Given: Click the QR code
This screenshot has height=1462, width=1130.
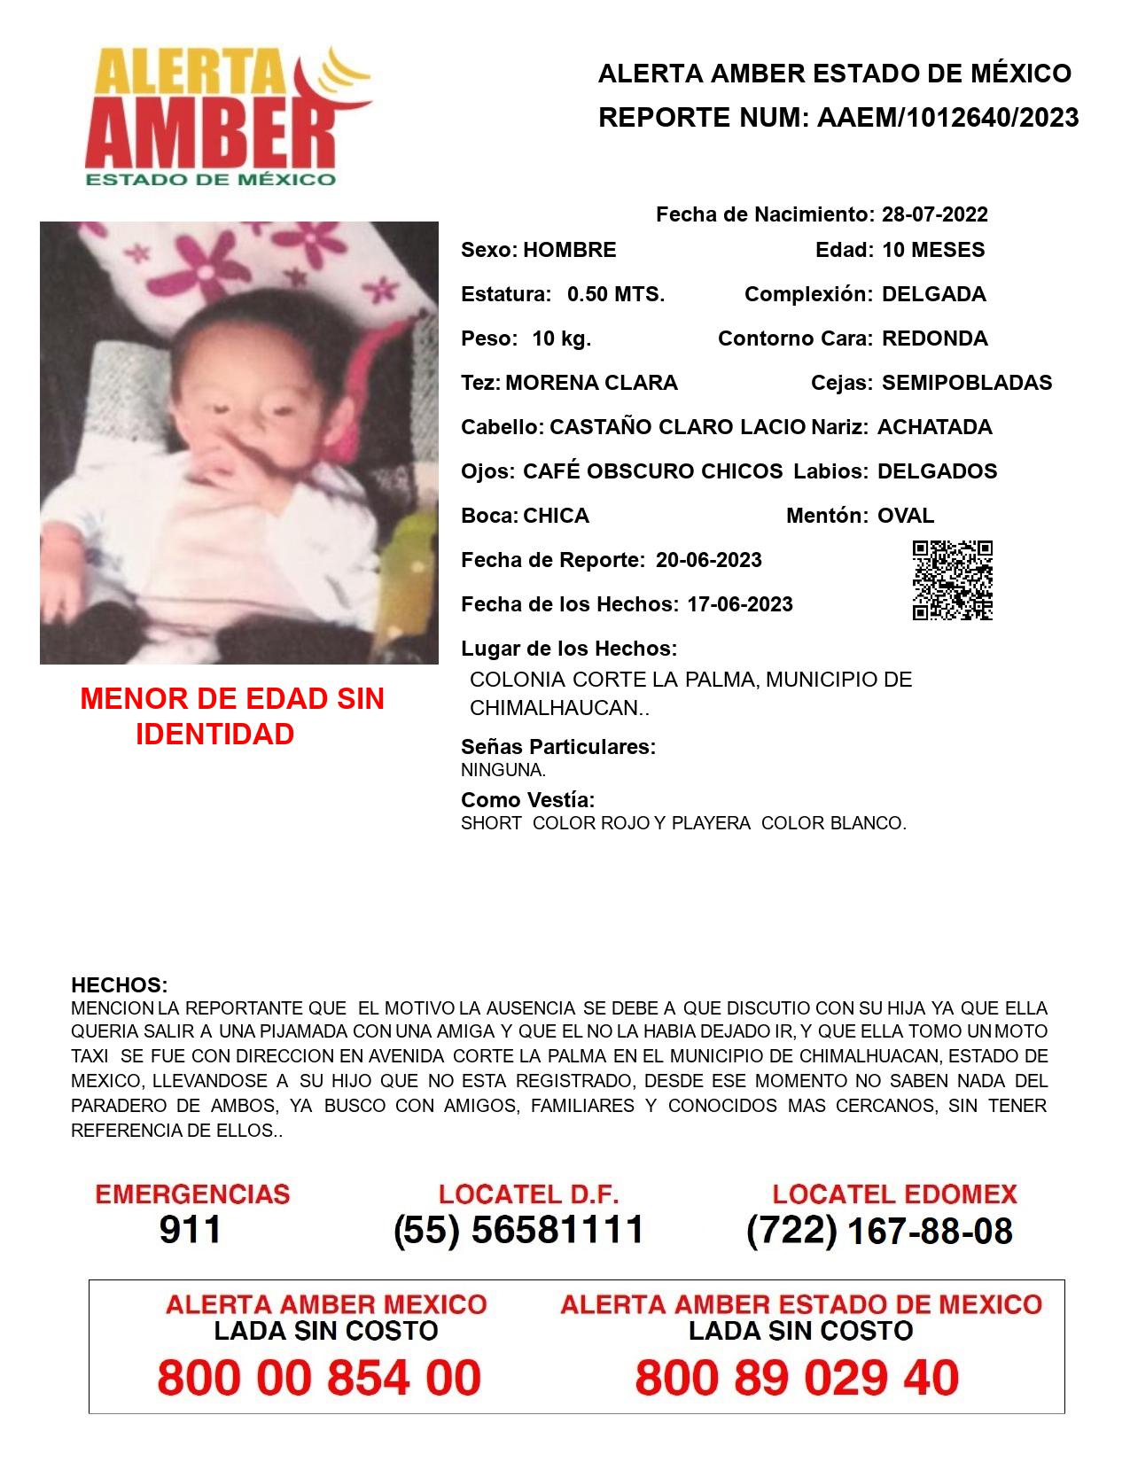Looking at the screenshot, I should pos(952,580).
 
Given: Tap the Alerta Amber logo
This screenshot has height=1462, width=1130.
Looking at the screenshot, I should pos(226,115).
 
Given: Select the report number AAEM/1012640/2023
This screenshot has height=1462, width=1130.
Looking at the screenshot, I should pos(947,117).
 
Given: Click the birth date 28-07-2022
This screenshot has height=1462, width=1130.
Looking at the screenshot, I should pos(934,214).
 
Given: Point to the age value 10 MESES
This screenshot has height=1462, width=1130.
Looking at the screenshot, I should pos(933,250).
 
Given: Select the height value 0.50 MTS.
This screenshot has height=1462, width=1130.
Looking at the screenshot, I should pos(615,294).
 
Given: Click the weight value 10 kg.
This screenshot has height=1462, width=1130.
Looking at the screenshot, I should pos(561,338).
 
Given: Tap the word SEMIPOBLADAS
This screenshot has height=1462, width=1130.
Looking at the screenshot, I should pos(967,383).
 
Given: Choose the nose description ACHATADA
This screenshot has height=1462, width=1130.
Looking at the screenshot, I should pos(934,427).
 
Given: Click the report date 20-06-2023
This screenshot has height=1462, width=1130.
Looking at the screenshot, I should pos(708,560).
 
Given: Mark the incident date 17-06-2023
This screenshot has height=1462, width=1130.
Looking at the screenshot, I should pos(739,604).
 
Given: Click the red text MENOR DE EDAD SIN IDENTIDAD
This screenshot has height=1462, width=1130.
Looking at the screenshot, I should pos(231,716).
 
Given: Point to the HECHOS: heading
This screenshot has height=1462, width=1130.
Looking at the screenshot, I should pos(119,985).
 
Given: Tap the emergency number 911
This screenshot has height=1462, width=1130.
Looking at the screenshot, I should pos(190,1230).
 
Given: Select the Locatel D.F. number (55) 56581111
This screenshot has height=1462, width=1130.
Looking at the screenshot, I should pos(518,1230).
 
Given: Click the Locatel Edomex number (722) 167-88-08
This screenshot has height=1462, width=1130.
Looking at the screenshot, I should pos(879,1231).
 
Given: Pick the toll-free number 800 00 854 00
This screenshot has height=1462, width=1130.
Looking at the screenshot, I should pos(319,1378).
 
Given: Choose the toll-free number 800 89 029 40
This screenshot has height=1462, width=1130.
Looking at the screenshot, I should pos(796,1378).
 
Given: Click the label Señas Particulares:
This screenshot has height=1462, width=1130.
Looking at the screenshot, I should pos(558,747).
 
